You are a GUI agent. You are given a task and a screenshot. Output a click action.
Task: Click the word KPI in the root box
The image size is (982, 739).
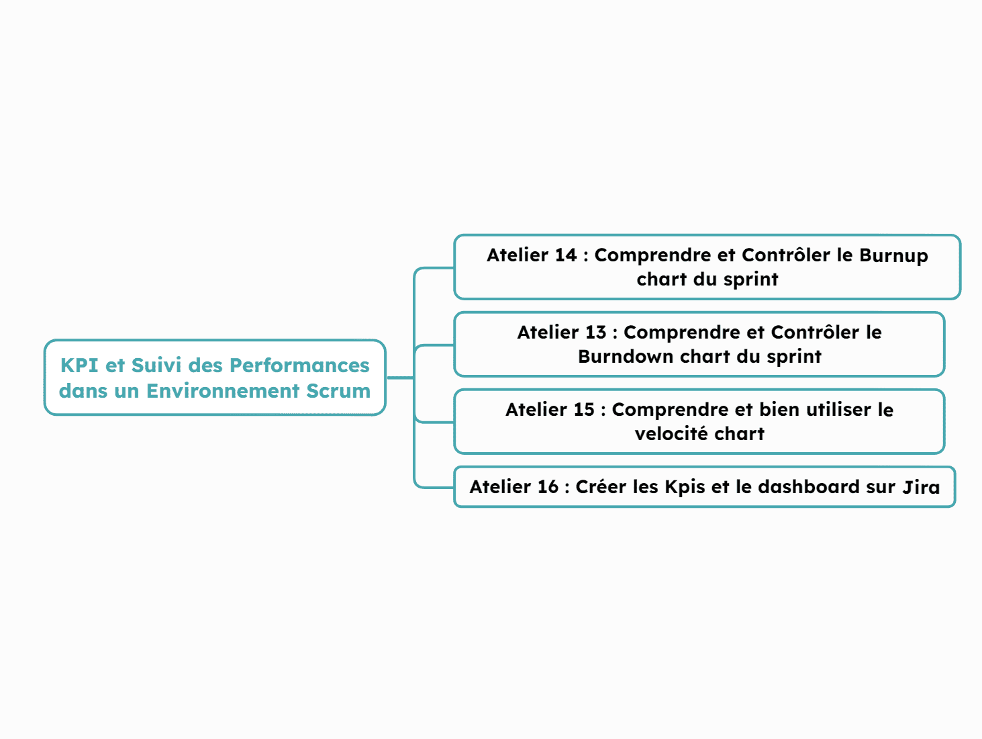[79, 365]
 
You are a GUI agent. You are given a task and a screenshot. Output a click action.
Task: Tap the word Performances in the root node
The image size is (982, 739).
[300, 365]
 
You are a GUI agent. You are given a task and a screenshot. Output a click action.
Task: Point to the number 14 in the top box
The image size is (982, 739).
[566, 255]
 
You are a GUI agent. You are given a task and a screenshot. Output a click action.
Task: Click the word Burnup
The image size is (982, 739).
[893, 256]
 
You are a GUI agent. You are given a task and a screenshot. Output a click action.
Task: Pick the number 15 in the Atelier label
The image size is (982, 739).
[584, 410]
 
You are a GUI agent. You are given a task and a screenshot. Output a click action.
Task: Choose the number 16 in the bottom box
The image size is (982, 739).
[548, 487]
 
